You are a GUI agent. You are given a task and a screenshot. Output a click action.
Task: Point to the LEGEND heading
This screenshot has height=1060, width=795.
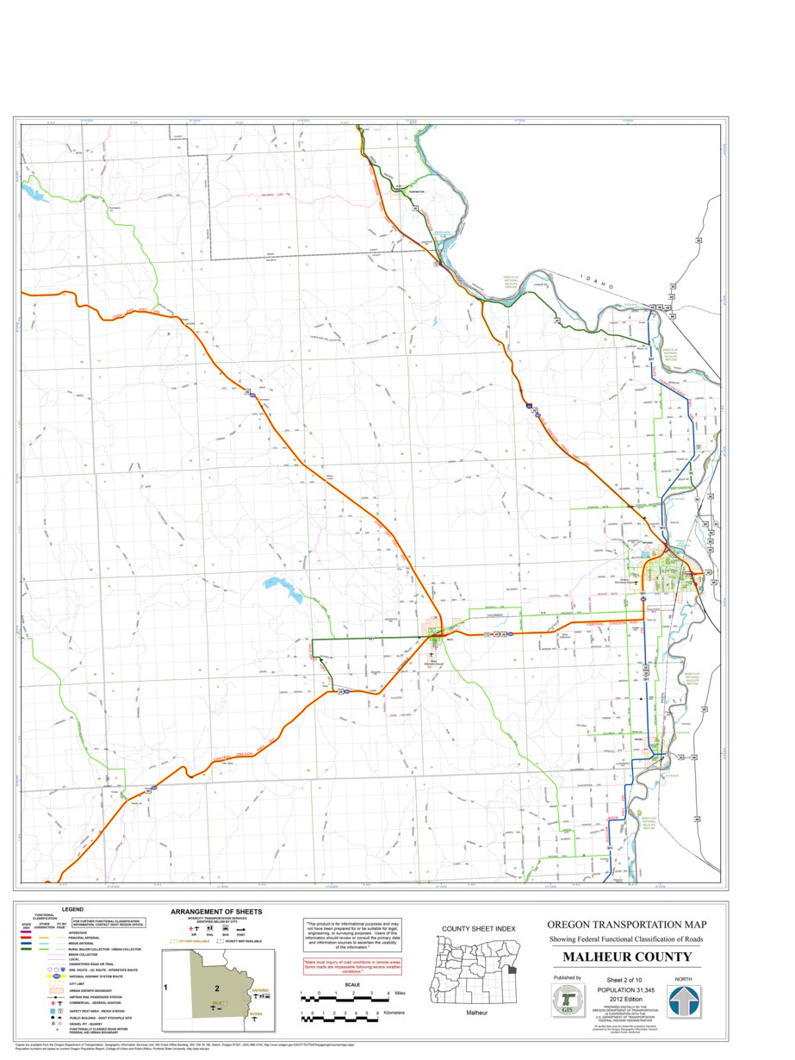(x=71, y=909)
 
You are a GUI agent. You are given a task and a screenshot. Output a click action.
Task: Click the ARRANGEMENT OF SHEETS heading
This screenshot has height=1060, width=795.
(x=216, y=911)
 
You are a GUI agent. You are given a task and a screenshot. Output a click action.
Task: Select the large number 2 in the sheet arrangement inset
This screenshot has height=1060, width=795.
(x=218, y=988)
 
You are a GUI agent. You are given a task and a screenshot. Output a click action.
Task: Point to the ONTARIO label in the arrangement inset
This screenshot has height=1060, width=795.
(x=259, y=992)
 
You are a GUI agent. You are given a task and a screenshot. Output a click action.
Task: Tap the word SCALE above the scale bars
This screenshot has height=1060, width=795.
(x=353, y=985)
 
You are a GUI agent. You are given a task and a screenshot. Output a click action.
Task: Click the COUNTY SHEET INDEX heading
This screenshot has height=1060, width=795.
(x=478, y=928)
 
